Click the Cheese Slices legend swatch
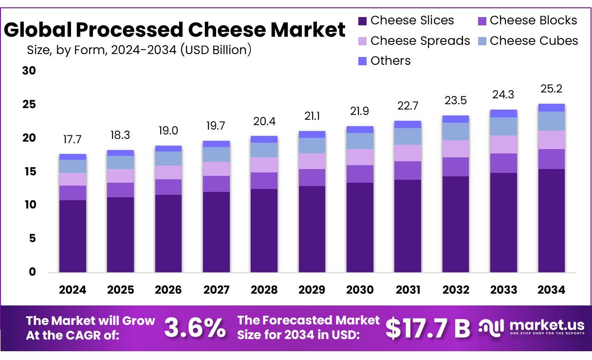coord(362,21)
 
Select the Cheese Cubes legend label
coord(534,41)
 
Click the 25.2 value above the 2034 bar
coord(552,89)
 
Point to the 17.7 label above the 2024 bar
coord(73,140)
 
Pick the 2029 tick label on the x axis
coord(312,290)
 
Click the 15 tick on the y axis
coord(29,171)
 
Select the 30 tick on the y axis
coord(29,71)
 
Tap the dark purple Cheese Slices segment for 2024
coord(73,236)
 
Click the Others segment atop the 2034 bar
coord(552,108)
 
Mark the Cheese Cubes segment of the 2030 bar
coord(360,141)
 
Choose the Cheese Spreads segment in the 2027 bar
coord(216,169)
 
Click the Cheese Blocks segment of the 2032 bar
coord(456,167)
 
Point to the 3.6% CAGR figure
coord(195,328)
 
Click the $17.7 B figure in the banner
coord(427,328)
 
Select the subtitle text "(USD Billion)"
coord(216,50)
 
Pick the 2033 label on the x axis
coord(503,290)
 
